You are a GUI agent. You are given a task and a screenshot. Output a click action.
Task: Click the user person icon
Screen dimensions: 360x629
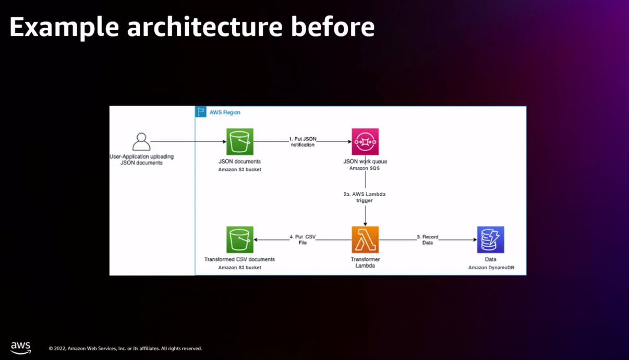click(x=141, y=141)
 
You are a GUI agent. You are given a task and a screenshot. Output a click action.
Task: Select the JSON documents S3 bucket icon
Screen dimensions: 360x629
click(x=240, y=141)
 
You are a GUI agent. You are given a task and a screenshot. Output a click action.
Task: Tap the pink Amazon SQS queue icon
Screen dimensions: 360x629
click(x=365, y=141)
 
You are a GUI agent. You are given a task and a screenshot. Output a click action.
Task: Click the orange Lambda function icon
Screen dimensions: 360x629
click(x=365, y=239)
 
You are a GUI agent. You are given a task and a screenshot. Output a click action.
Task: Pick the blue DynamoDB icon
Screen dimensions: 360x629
click(x=490, y=239)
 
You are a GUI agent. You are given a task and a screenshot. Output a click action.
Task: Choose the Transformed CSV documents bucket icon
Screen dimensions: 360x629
click(x=240, y=239)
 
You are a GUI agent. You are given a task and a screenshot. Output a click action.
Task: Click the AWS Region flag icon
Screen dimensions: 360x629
click(x=201, y=112)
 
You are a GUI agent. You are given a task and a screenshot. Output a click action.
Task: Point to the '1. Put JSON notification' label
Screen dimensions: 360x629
click(x=303, y=142)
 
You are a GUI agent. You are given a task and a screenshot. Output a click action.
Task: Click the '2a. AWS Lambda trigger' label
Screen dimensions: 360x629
click(x=365, y=197)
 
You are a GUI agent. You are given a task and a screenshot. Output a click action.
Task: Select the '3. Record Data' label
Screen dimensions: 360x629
click(x=428, y=240)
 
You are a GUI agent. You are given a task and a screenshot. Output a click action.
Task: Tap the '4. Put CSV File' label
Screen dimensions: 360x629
click(x=303, y=240)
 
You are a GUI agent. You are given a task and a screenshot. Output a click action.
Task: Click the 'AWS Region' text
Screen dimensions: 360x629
click(x=225, y=112)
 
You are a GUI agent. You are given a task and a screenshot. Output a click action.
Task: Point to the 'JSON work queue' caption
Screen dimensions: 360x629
click(x=365, y=161)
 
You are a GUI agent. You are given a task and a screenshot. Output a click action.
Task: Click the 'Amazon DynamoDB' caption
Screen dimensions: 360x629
click(x=491, y=268)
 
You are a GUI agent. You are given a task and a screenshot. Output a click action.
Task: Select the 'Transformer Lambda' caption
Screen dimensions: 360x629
click(x=365, y=262)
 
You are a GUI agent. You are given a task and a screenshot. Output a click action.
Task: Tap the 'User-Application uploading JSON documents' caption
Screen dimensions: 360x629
click(x=141, y=160)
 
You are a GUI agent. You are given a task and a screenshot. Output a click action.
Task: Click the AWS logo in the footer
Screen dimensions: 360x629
click(x=21, y=348)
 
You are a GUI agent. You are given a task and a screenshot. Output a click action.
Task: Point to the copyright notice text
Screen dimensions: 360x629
click(x=125, y=349)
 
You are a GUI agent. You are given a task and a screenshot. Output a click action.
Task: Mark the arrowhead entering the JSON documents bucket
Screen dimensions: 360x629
click(x=223, y=141)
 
